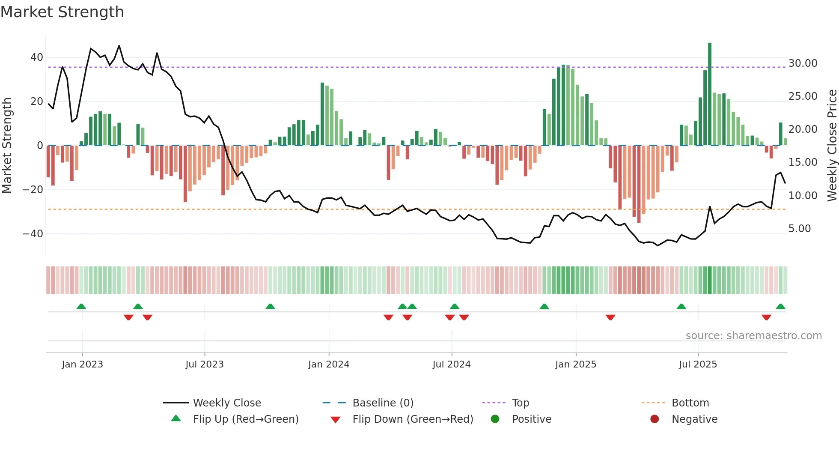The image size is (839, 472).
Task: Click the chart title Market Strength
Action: (x=62, y=12)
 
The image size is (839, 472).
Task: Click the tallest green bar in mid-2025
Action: (x=709, y=94)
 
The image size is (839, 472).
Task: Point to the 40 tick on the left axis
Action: (x=37, y=57)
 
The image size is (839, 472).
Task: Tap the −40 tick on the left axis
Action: (x=33, y=234)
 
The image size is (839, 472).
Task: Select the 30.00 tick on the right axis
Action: (x=803, y=63)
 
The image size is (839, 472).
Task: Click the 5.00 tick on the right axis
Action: (x=800, y=229)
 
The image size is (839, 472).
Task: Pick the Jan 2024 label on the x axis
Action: (x=328, y=364)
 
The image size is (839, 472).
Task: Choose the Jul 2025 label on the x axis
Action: (x=697, y=364)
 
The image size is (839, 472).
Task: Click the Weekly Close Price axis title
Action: (x=832, y=146)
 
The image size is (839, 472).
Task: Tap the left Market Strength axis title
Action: (x=7, y=146)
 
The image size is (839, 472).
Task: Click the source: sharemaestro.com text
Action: (x=753, y=336)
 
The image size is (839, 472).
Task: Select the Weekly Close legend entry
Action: (x=226, y=403)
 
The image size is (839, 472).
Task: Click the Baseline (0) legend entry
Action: (x=383, y=403)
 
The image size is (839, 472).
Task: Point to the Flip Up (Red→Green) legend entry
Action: (x=245, y=419)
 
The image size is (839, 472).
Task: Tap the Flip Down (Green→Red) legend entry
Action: (x=413, y=419)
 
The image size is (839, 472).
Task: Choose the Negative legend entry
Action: (x=694, y=419)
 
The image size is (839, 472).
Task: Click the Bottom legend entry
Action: (x=690, y=403)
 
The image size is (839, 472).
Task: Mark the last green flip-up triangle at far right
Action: (x=780, y=307)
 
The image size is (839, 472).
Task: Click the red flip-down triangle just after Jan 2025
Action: (x=610, y=317)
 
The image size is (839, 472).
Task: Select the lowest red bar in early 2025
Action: (x=639, y=184)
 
